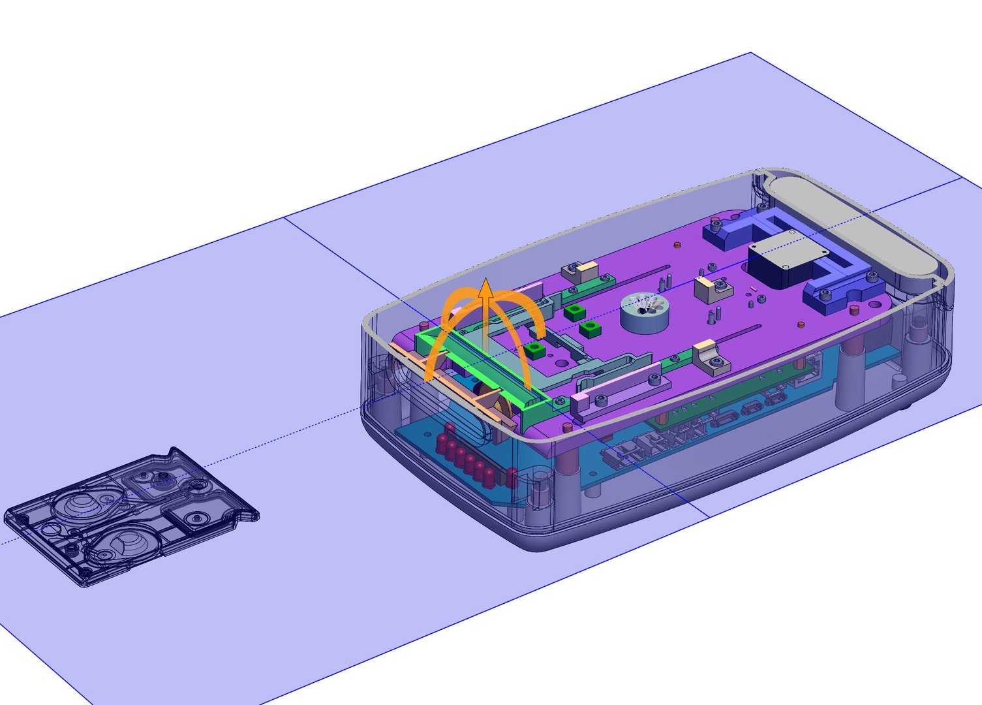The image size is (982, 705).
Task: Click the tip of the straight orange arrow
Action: [485, 280]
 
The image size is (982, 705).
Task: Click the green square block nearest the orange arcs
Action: [536, 351]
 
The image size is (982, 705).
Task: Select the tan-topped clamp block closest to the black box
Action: [708, 288]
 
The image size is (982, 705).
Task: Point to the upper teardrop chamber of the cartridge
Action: [82, 502]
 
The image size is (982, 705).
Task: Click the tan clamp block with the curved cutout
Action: [709, 358]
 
